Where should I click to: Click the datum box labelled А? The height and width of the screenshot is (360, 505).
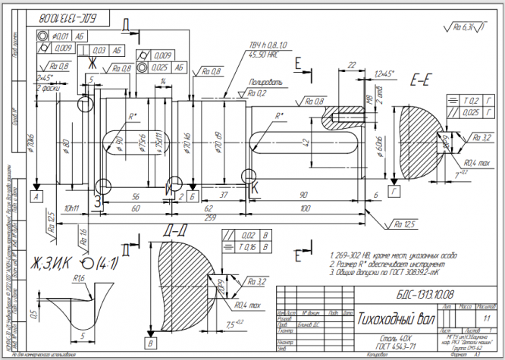[36, 196]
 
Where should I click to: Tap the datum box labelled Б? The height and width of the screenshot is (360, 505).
[193, 196]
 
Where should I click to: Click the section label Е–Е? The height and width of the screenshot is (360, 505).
[422, 78]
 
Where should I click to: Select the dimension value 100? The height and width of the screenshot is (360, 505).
[305, 208]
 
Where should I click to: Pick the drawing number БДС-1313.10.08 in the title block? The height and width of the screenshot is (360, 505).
[410, 293]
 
